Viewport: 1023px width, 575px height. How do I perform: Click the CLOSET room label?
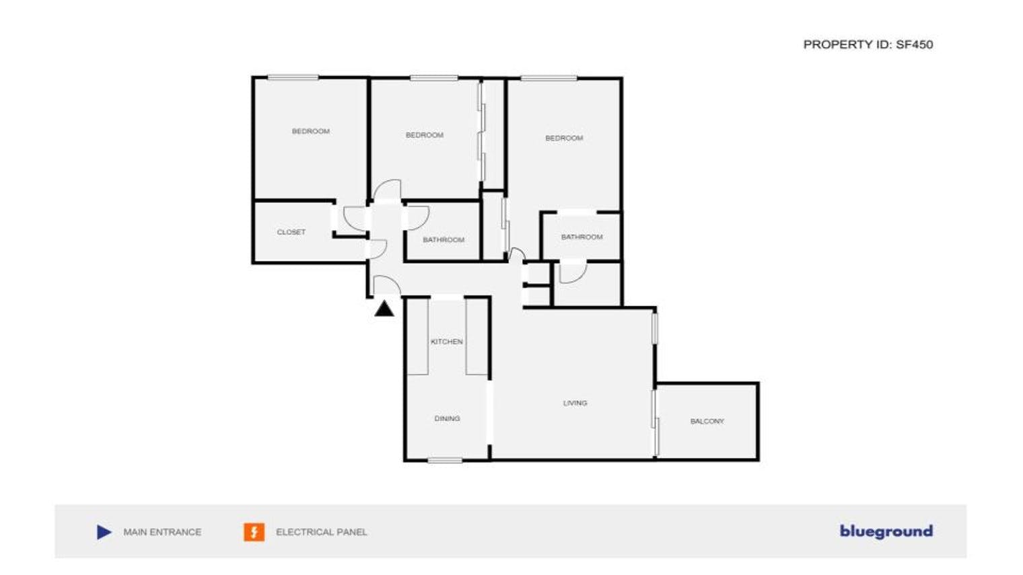coord(291,232)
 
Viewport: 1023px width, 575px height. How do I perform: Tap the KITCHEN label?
coord(446,342)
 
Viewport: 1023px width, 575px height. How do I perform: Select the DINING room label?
coord(447,418)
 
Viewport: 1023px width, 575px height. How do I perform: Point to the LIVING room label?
coord(575,403)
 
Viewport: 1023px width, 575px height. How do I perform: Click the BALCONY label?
coord(707,421)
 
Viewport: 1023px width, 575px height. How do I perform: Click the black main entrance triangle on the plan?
coord(384,309)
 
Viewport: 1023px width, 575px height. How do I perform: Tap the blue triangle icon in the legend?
coord(104,532)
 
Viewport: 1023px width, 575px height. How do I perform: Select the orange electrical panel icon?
coord(254,532)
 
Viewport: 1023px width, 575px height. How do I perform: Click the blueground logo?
coord(886,531)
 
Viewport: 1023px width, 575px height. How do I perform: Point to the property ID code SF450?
coord(914,44)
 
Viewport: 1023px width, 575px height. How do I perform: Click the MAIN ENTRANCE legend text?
coord(162,532)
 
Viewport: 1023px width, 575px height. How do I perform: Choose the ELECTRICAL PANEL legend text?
coord(321,532)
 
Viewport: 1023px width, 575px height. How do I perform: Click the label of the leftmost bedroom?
coord(310,131)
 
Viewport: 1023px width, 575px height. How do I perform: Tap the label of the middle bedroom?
coord(424,135)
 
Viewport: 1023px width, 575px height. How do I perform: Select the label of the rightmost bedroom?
coord(564,138)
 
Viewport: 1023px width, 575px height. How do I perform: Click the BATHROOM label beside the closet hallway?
coord(443,239)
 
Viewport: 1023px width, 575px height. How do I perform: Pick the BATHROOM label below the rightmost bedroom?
coord(581,237)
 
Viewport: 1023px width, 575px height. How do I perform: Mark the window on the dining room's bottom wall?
coord(445,461)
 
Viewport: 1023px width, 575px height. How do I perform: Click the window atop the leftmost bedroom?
coord(293,78)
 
